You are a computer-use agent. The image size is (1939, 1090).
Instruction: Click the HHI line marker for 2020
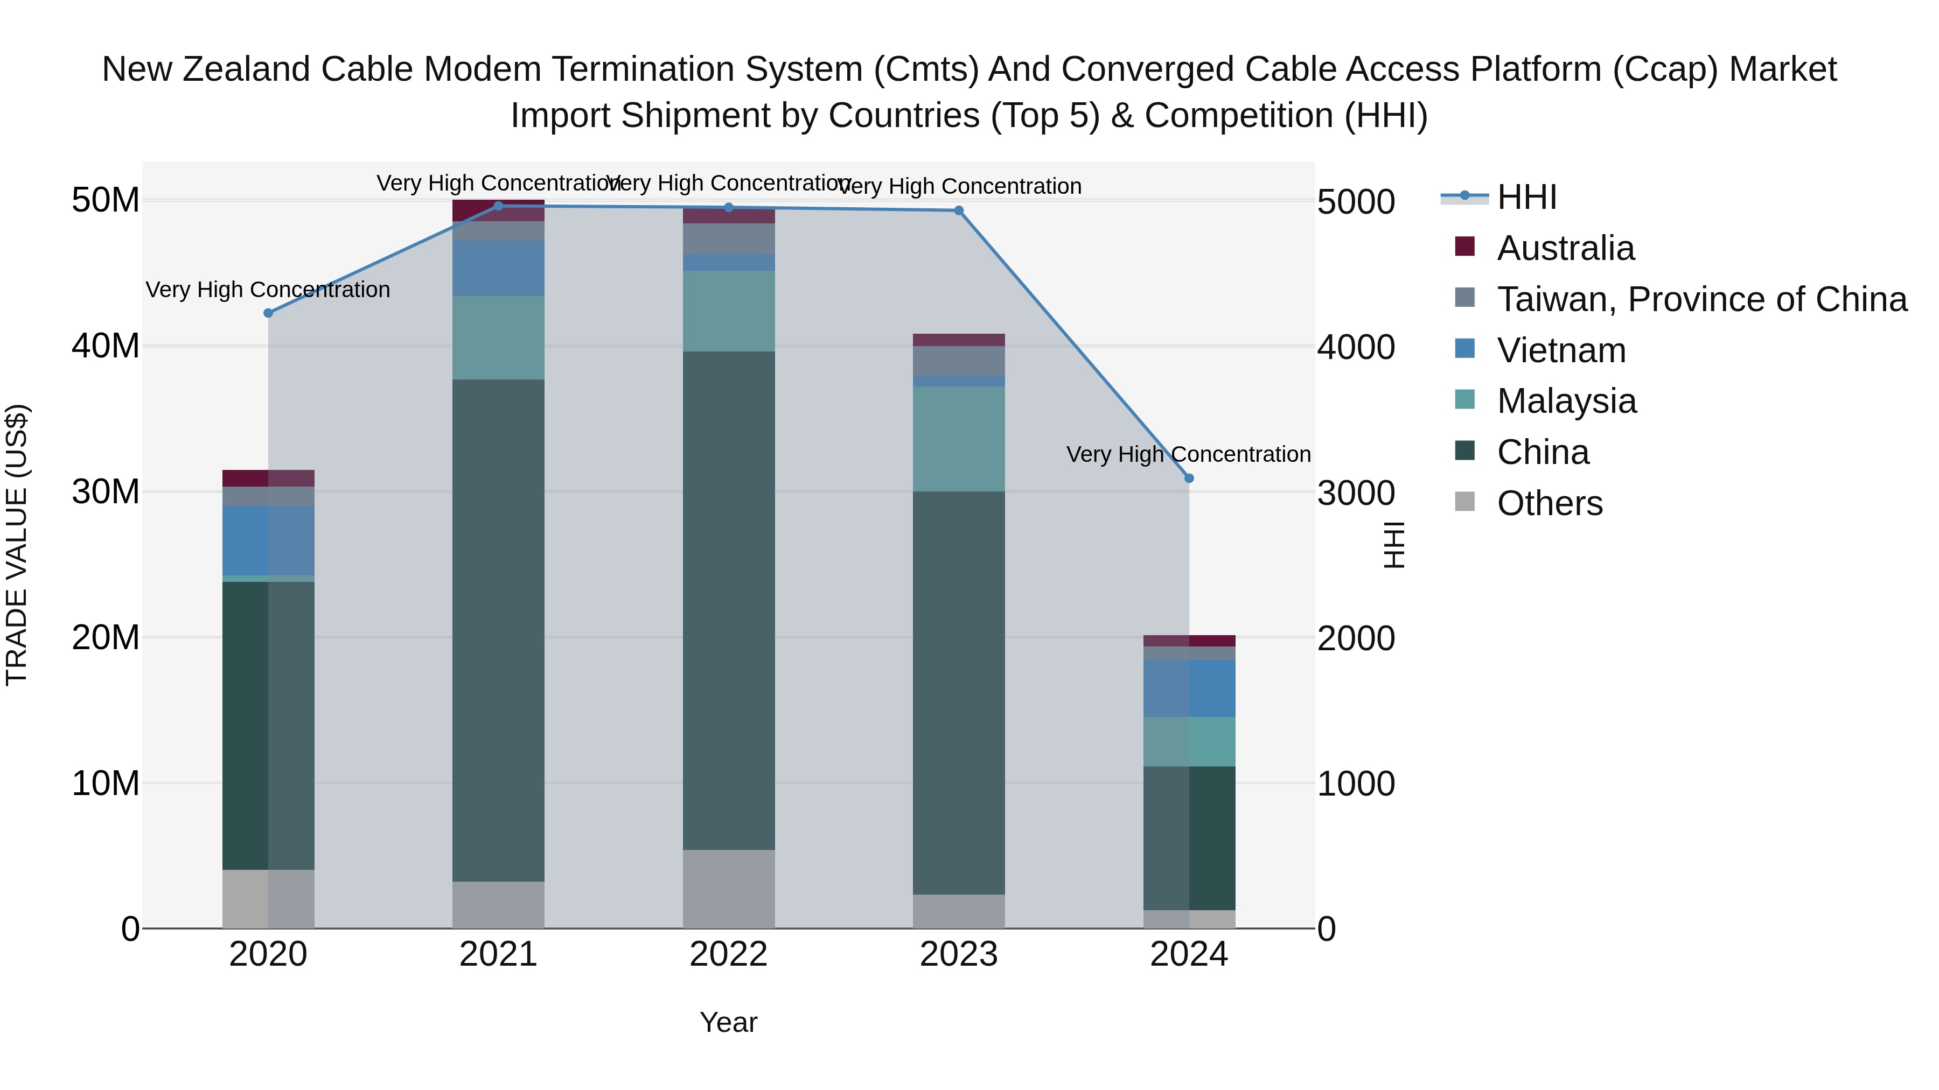(x=268, y=313)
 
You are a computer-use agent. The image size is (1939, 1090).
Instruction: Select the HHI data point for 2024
(x=1189, y=479)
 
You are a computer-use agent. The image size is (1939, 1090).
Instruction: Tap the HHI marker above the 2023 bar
(x=959, y=210)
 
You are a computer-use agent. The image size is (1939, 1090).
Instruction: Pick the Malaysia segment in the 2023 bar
(x=959, y=439)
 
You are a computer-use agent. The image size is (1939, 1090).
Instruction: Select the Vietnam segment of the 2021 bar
(x=498, y=269)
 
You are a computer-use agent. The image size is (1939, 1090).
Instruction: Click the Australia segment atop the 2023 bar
(x=959, y=340)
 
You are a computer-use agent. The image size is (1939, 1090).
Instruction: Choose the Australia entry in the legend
(x=1566, y=248)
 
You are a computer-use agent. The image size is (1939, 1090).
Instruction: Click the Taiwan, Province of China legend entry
(x=1701, y=299)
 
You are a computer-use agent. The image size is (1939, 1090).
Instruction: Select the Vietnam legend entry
(x=1561, y=350)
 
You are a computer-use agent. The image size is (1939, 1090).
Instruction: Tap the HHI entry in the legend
(x=1526, y=197)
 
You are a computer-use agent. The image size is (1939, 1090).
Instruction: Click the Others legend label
(x=1549, y=503)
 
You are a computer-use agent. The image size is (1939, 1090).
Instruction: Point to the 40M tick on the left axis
(x=106, y=346)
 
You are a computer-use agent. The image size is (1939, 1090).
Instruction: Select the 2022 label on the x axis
(x=729, y=954)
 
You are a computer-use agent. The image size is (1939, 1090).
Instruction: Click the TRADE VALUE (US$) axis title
(x=17, y=545)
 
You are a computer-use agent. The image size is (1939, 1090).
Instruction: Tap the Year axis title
(x=729, y=1022)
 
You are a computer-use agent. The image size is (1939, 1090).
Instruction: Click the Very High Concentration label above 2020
(x=268, y=290)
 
